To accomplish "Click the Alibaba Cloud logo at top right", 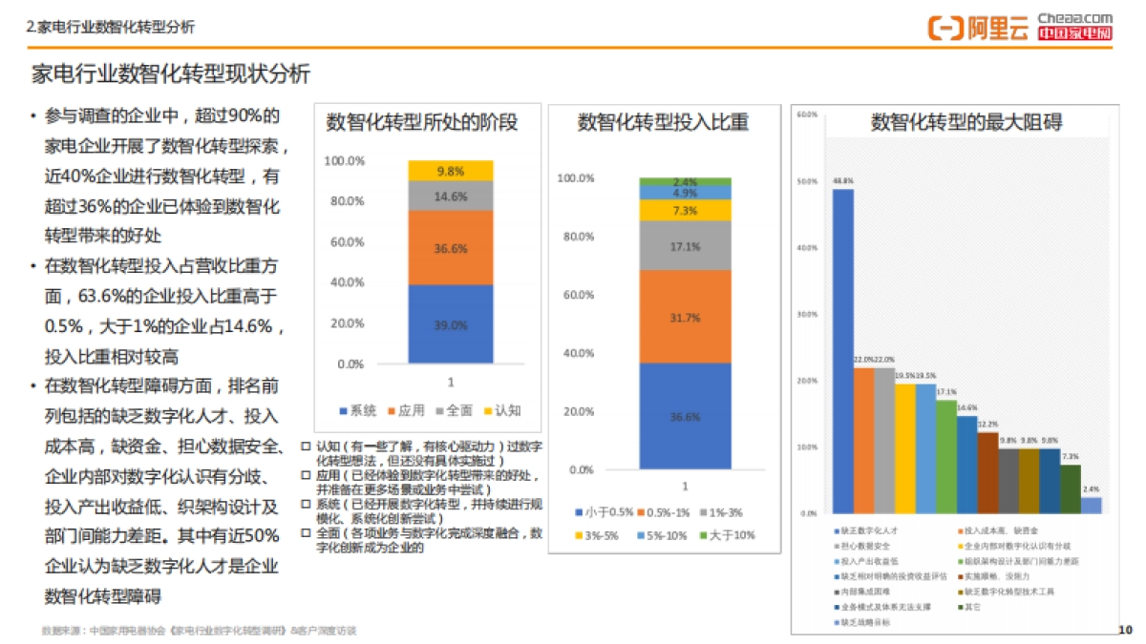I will pyautogui.click(x=978, y=28).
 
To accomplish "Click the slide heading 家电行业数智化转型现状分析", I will pyautogui.click(x=171, y=74).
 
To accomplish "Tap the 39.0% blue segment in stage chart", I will pyautogui.click(x=451, y=324).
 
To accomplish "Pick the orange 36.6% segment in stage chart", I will pyautogui.click(x=451, y=247).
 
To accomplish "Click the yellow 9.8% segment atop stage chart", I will pyautogui.click(x=451, y=171).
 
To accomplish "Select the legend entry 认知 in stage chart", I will pyautogui.click(x=505, y=410).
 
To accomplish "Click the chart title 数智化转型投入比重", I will pyautogui.click(x=663, y=122).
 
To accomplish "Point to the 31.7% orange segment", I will pyautogui.click(x=685, y=316).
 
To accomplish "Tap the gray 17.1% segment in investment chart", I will pyautogui.click(x=685, y=245).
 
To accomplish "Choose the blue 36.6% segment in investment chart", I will pyautogui.click(x=685, y=416).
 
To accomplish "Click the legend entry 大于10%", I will pyautogui.click(x=728, y=535).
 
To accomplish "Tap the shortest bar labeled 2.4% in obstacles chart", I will pyautogui.click(x=1092, y=505).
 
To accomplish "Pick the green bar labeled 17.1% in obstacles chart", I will pyautogui.click(x=946, y=456).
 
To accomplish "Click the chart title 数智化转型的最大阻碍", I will pyautogui.click(x=966, y=122).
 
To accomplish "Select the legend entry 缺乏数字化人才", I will pyautogui.click(x=867, y=530).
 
